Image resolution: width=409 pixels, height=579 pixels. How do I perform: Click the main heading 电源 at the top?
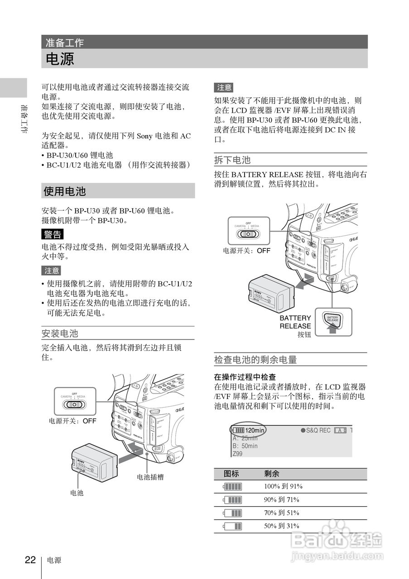pos(60,59)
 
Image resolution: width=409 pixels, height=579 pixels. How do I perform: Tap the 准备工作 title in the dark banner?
pos(64,43)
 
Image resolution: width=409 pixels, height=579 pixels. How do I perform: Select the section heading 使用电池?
pos(65,191)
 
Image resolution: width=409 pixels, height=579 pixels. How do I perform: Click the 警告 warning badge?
pos(52,234)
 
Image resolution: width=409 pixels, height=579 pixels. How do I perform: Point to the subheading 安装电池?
pos(60,334)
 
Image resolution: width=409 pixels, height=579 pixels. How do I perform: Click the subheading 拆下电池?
pos(232,160)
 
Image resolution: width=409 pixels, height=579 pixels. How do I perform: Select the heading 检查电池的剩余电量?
pos(255,360)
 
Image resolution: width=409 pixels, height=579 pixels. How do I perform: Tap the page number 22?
pos(30,560)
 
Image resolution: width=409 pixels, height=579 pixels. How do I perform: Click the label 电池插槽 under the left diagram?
pos(150,477)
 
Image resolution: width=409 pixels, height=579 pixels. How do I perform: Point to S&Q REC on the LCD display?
pos(318,430)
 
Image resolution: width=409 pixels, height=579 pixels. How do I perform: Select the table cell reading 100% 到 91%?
pos(283,487)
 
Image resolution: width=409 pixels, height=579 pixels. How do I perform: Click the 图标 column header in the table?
pos(231,474)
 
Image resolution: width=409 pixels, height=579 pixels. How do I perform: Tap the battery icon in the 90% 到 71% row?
pos(232,500)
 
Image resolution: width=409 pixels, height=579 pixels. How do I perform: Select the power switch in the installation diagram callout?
pos(74,405)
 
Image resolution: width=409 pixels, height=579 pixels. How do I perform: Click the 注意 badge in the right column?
pos(224,87)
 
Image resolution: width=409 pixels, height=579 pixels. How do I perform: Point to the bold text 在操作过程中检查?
pos(245,377)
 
